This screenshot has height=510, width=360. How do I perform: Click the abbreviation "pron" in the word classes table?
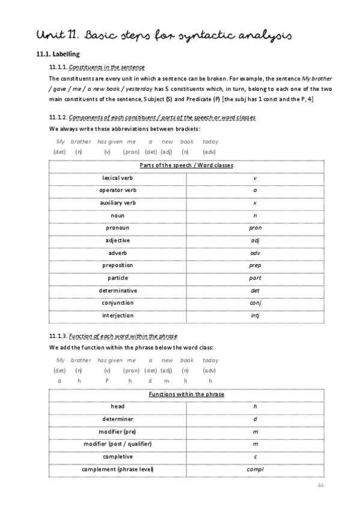pyautogui.click(x=255, y=228)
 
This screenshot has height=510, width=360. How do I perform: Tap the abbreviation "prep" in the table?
pyautogui.click(x=255, y=265)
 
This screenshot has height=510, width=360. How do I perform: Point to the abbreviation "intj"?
pyautogui.click(x=255, y=316)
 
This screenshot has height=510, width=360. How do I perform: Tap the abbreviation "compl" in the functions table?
pyautogui.click(x=255, y=470)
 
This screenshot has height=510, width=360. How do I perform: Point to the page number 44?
pyautogui.click(x=320, y=485)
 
